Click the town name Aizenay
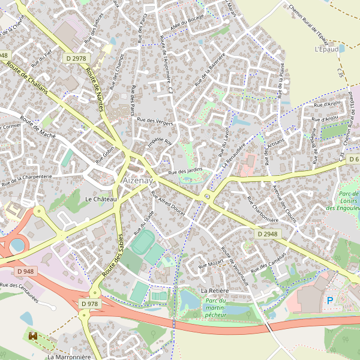(x=137, y=180)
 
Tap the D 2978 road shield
(x=76, y=58)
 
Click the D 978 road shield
(x=89, y=304)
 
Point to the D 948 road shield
(x=26, y=271)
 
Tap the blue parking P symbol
(x=329, y=300)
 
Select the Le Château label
(x=100, y=199)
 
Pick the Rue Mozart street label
(x=211, y=263)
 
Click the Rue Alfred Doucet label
(x=168, y=203)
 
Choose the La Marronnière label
(x=69, y=356)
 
